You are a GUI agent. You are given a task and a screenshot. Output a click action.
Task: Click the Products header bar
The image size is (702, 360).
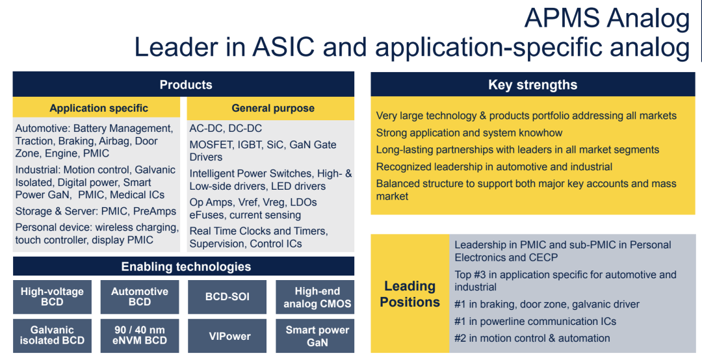pos(183,84)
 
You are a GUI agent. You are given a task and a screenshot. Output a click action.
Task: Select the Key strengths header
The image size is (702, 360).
pos(533,84)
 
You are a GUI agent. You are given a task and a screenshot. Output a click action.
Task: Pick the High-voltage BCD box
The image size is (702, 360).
pos(53,297)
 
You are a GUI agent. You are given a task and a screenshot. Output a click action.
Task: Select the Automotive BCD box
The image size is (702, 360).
pos(140,297)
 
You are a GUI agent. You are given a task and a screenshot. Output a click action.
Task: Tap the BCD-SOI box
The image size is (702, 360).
pos(227,297)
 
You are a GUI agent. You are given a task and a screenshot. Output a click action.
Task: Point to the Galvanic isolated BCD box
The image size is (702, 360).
pos(53,336)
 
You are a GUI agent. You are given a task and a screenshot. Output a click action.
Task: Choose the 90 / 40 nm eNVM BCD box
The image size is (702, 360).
pos(140,336)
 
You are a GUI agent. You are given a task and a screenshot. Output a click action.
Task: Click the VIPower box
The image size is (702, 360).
pos(227,336)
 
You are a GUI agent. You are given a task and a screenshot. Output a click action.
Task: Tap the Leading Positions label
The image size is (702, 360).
pos(409,294)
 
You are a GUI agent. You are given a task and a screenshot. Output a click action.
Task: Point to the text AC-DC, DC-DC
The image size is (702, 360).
pos(226,129)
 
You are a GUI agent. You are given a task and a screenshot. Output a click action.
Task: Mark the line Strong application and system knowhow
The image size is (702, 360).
pos(469,133)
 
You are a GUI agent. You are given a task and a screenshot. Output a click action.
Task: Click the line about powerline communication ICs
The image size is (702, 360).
pos(535,322)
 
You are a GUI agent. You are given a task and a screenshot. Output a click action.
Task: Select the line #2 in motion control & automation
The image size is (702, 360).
pos(532,339)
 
